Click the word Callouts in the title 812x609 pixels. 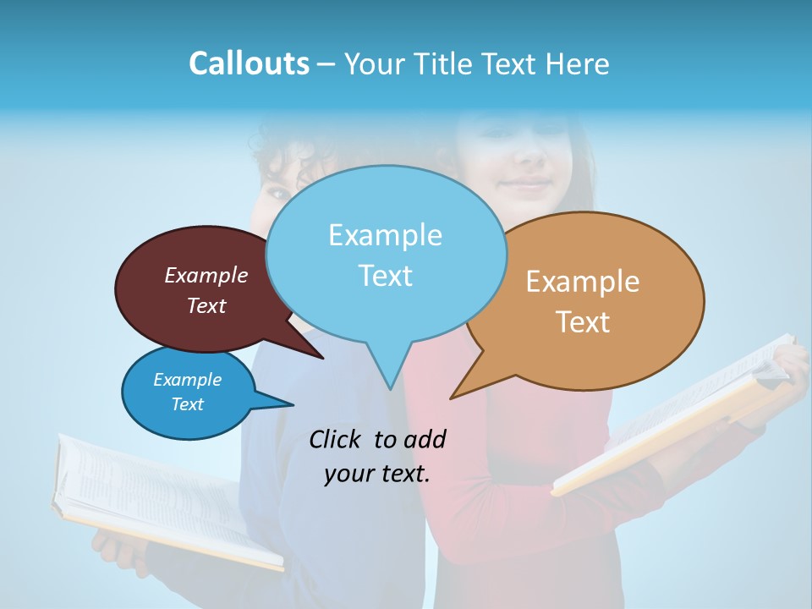(x=249, y=63)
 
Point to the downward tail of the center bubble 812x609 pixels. (x=389, y=372)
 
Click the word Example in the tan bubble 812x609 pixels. (x=583, y=282)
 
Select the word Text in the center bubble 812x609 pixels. (x=386, y=276)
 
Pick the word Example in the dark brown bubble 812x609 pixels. (x=206, y=275)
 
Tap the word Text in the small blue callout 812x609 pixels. (x=188, y=404)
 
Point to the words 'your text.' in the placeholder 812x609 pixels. (x=377, y=474)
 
